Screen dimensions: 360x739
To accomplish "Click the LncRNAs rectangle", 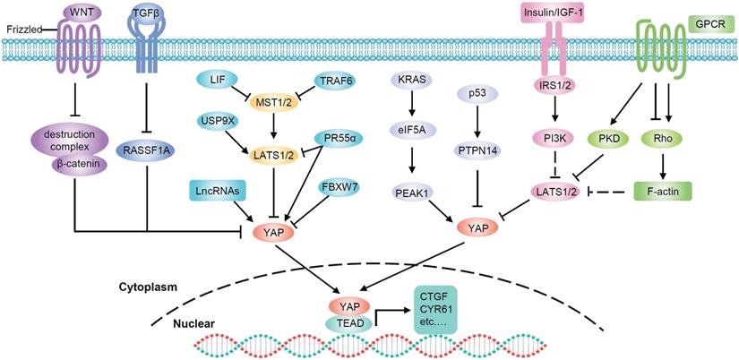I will coord(217,190).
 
